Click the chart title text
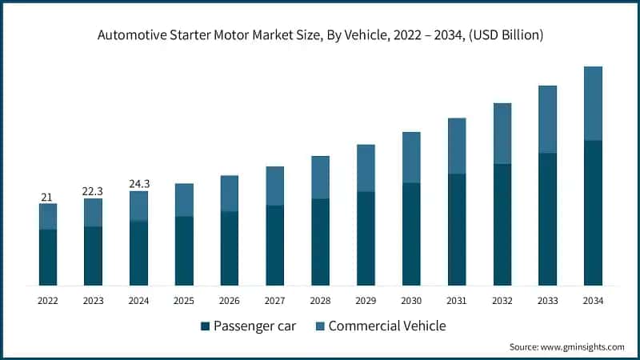pos(320,34)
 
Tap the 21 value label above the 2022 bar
pos(48,197)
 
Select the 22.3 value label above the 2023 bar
pos(94,191)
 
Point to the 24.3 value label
pos(139,184)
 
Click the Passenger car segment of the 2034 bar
pos(593,213)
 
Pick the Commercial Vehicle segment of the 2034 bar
pos(593,103)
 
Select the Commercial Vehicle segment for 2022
pos(48,217)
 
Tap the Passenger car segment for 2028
pos(321,242)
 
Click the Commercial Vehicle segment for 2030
pos(411,158)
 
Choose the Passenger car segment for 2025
pos(184,250)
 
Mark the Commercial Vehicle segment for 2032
pos(502,134)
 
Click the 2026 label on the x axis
pos(230,301)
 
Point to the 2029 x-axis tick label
pos(366,301)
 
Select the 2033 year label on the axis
pos(547,301)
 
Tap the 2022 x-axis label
pos(48,301)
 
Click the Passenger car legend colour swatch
pos(206,326)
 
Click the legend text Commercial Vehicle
pos(386,326)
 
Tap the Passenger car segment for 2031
pos(457,230)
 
